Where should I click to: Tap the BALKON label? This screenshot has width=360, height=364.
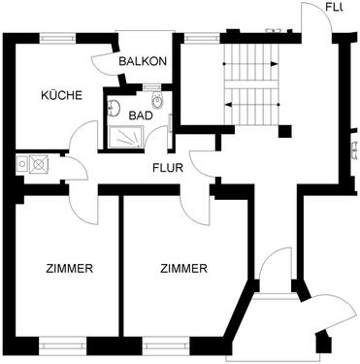tap(143, 61)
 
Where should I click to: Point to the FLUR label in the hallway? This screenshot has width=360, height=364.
tap(168, 165)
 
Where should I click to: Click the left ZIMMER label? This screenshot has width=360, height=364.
tap(68, 269)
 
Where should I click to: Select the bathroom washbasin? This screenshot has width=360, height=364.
tap(114, 108)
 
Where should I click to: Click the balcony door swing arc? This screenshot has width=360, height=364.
tap(104, 60)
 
